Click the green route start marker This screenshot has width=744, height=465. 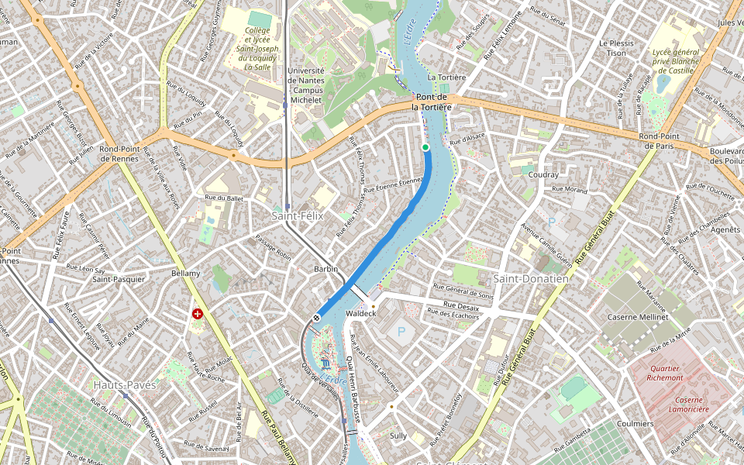tap(425, 147)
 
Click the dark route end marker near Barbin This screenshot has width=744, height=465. tap(317, 318)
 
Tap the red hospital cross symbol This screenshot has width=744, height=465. tap(198, 314)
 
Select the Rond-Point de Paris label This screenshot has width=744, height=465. tap(659, 141)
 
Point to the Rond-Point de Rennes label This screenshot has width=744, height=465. tap(119, 153)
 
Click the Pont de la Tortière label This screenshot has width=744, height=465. tap(431, 102)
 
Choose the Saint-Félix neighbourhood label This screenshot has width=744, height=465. tap(298, 215)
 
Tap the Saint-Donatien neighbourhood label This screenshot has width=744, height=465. tap(531, 278)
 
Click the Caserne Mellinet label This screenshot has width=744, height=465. tap(638, 317)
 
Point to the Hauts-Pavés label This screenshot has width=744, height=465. tap(125, 384)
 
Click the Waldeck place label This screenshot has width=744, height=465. tap(360, 313)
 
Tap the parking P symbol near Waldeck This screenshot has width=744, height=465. tap(401, 332)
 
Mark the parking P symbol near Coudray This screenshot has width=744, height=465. tap(552, 222)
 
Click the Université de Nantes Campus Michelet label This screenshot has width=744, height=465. tap(305, 85)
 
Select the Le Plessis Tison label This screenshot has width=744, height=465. tap(617, 48)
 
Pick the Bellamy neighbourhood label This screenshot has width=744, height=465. tap(186, 274)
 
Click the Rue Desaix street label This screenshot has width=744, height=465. tap(461, 308)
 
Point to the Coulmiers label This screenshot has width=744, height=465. tap(635, 424)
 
